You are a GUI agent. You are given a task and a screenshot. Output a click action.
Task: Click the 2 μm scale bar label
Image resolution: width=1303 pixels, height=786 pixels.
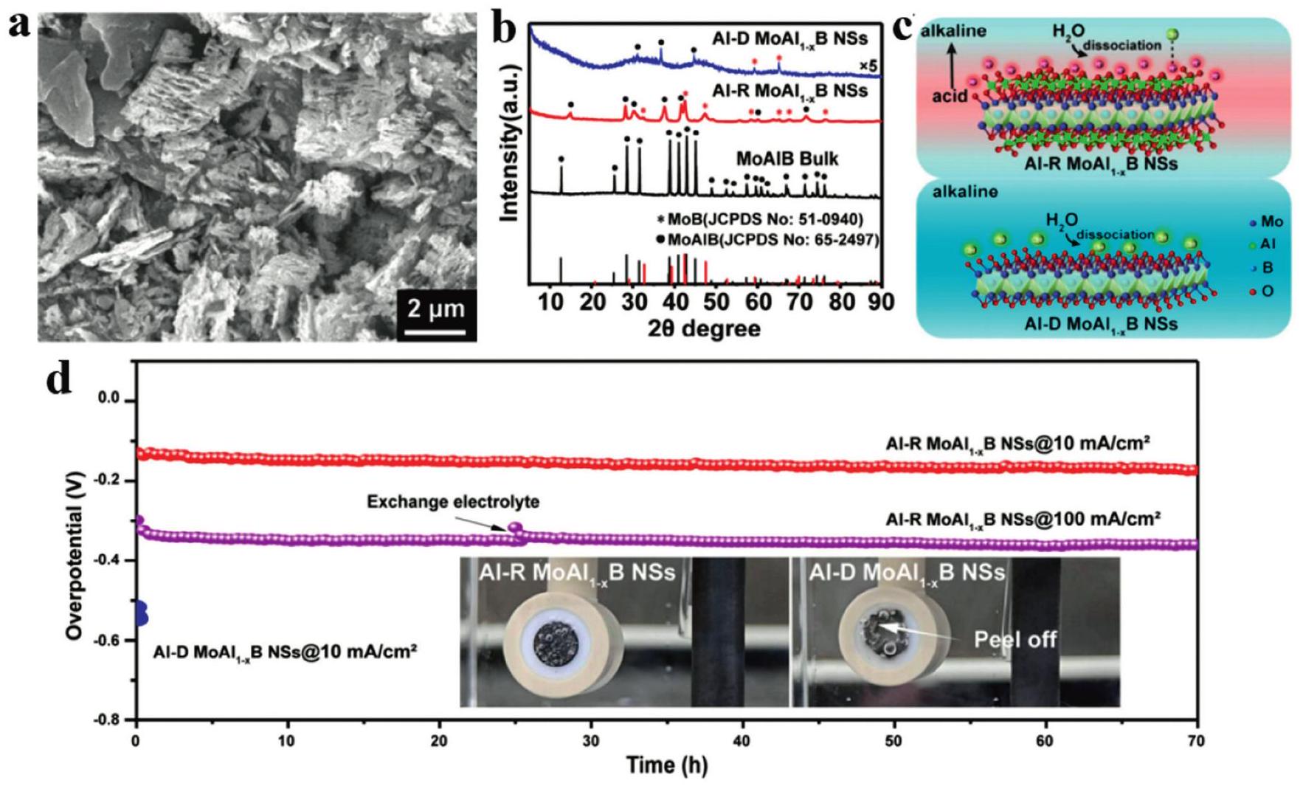point(436,308)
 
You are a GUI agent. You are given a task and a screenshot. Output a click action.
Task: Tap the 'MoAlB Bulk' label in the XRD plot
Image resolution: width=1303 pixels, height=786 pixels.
point(787,159)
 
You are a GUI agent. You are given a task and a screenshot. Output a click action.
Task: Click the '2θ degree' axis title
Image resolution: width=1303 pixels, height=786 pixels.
point(704,328)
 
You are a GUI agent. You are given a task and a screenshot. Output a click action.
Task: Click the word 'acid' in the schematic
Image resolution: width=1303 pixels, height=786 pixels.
point(949,96)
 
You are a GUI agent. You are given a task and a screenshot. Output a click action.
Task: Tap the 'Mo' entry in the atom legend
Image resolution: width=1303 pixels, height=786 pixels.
point(1265,221)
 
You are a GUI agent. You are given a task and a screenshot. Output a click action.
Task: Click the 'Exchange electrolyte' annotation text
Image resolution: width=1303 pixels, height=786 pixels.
point(453,502)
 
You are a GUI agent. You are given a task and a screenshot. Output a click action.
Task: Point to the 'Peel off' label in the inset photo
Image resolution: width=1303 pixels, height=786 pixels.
point(1015,639)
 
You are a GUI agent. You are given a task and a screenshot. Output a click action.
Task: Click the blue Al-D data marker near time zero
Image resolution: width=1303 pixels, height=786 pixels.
point(141,613)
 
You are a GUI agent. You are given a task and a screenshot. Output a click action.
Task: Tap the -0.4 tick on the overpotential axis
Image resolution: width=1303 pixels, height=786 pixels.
point(108,561)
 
